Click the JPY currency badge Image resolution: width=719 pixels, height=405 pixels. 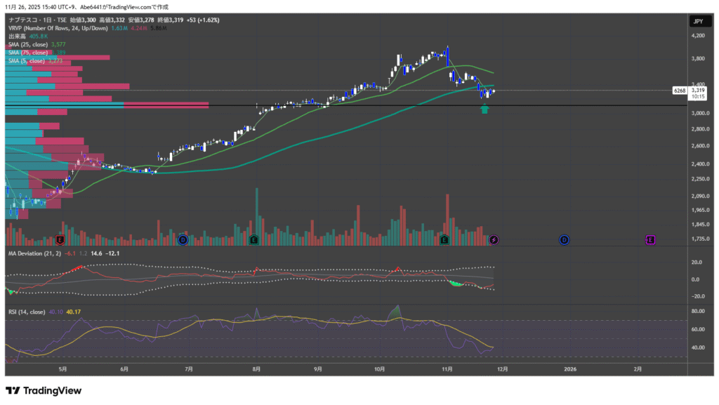[698, 22]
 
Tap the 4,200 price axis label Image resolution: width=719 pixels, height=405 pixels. [698, 36]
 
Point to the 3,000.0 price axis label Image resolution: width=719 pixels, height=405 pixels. [699, 113]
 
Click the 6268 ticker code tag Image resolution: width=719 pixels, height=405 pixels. [679, 91]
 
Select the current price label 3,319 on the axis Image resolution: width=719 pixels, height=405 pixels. [698, 90]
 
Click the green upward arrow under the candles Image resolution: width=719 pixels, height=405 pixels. [484, 109]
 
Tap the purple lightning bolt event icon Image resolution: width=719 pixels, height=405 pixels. [494, 240]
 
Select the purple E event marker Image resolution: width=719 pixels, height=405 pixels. [650, 240]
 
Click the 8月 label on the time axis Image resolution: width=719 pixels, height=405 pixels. [256, 368]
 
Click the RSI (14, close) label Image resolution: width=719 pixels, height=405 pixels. [27, 312]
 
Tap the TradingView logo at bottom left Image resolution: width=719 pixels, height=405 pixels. [44, 391]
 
